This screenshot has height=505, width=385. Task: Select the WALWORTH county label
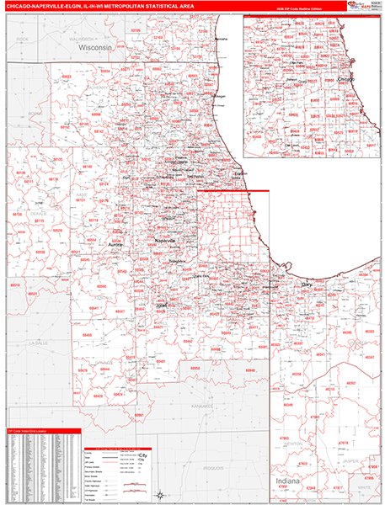click(x=83, y=38)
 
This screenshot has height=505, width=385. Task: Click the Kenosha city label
click(x=221, y=40)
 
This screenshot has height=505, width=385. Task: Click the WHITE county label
click(x=364, y=486)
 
